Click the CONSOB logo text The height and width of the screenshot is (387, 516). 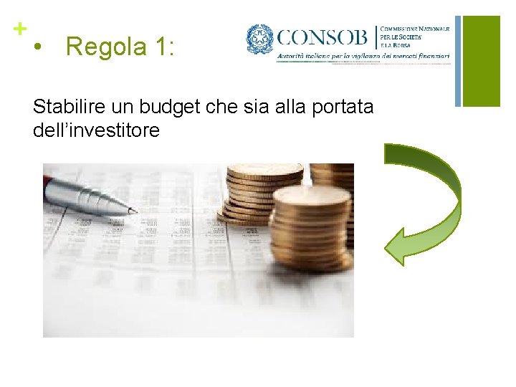(322, 37)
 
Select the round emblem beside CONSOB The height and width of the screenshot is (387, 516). (259, 39)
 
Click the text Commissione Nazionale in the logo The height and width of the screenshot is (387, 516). (415, 27)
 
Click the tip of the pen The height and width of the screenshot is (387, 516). (134, 211)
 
